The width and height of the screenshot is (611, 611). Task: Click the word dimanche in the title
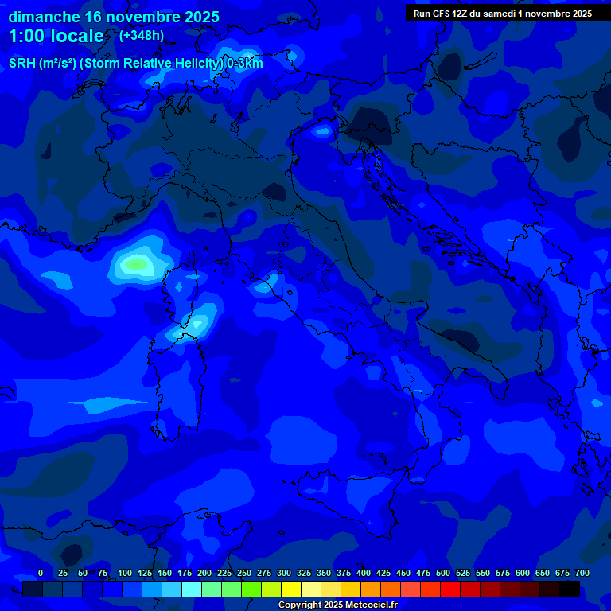click(x=43, y=17)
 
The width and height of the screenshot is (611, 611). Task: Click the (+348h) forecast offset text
click(x=142, y=35)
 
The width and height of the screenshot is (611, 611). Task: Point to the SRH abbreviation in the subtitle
click(x=21, y=64)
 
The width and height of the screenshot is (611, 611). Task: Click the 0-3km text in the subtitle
click(x=244, y=64)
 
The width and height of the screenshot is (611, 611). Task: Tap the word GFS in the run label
click(x=444, y=14)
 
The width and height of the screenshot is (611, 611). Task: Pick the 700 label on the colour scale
click(x=582, y=573)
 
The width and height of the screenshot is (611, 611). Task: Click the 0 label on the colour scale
click(x=41, y=573)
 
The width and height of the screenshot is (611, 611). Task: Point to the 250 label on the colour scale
click(x=244, y=573)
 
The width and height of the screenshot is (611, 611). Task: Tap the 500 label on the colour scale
click(x=443, y=573)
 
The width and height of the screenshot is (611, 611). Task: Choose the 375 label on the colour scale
click(x=344, y=573)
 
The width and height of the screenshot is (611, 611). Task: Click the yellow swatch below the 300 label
click(x=290, y=590)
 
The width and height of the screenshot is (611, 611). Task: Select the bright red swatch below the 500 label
click(x=449, y=590)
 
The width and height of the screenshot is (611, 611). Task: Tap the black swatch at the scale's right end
click(x=569, y=590)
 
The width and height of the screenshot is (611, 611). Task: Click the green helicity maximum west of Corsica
click(x=136, y=263)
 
